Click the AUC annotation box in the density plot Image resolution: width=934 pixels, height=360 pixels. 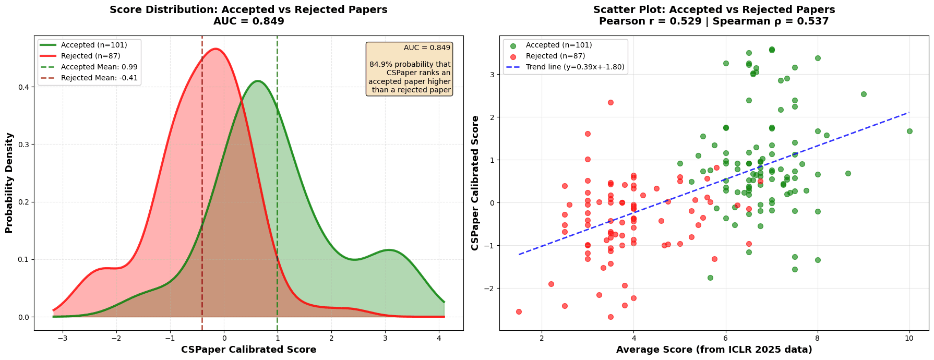(410, 69)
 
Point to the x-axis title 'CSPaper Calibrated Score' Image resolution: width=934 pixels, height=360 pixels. (248, 350)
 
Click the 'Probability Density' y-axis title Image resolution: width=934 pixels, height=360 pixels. (9, 183)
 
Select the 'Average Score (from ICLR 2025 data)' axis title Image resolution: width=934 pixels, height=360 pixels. (714, 350)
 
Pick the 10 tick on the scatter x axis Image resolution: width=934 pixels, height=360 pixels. (909, 338)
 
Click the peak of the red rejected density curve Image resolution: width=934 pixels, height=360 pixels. (215, 49)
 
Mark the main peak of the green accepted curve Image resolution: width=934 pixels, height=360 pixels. (257, 81)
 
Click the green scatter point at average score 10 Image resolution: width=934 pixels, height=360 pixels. (909, 131)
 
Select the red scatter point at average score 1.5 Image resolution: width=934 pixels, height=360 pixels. (519, 311)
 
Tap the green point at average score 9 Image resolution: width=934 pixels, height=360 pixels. (864, 94)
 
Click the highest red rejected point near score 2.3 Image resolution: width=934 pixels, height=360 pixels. (610, 102)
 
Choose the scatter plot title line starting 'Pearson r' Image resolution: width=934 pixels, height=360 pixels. (714, 21)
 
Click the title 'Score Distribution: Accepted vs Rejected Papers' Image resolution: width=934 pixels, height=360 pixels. (248, 9)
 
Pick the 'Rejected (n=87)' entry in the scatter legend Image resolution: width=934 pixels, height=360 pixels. (556, 56)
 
